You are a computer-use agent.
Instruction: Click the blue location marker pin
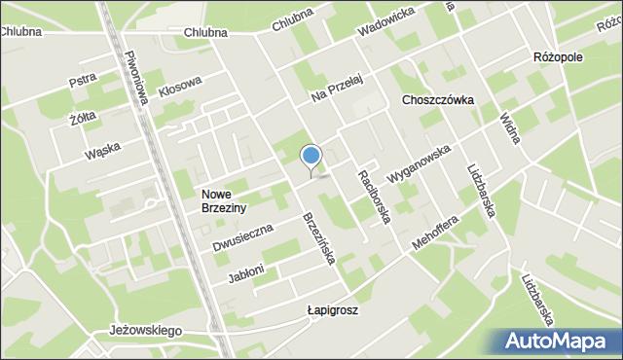pyautogui.click(x=311, y=157)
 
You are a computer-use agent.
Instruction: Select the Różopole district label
pyautogui.click(x=558, y=57)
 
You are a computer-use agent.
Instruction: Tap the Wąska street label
pyautogui.click(x=101, y=151)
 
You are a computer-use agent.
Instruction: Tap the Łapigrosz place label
pyautogui.click(x=332, y=310)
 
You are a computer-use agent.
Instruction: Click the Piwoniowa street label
pyautogui.click(x=134, y=81)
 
